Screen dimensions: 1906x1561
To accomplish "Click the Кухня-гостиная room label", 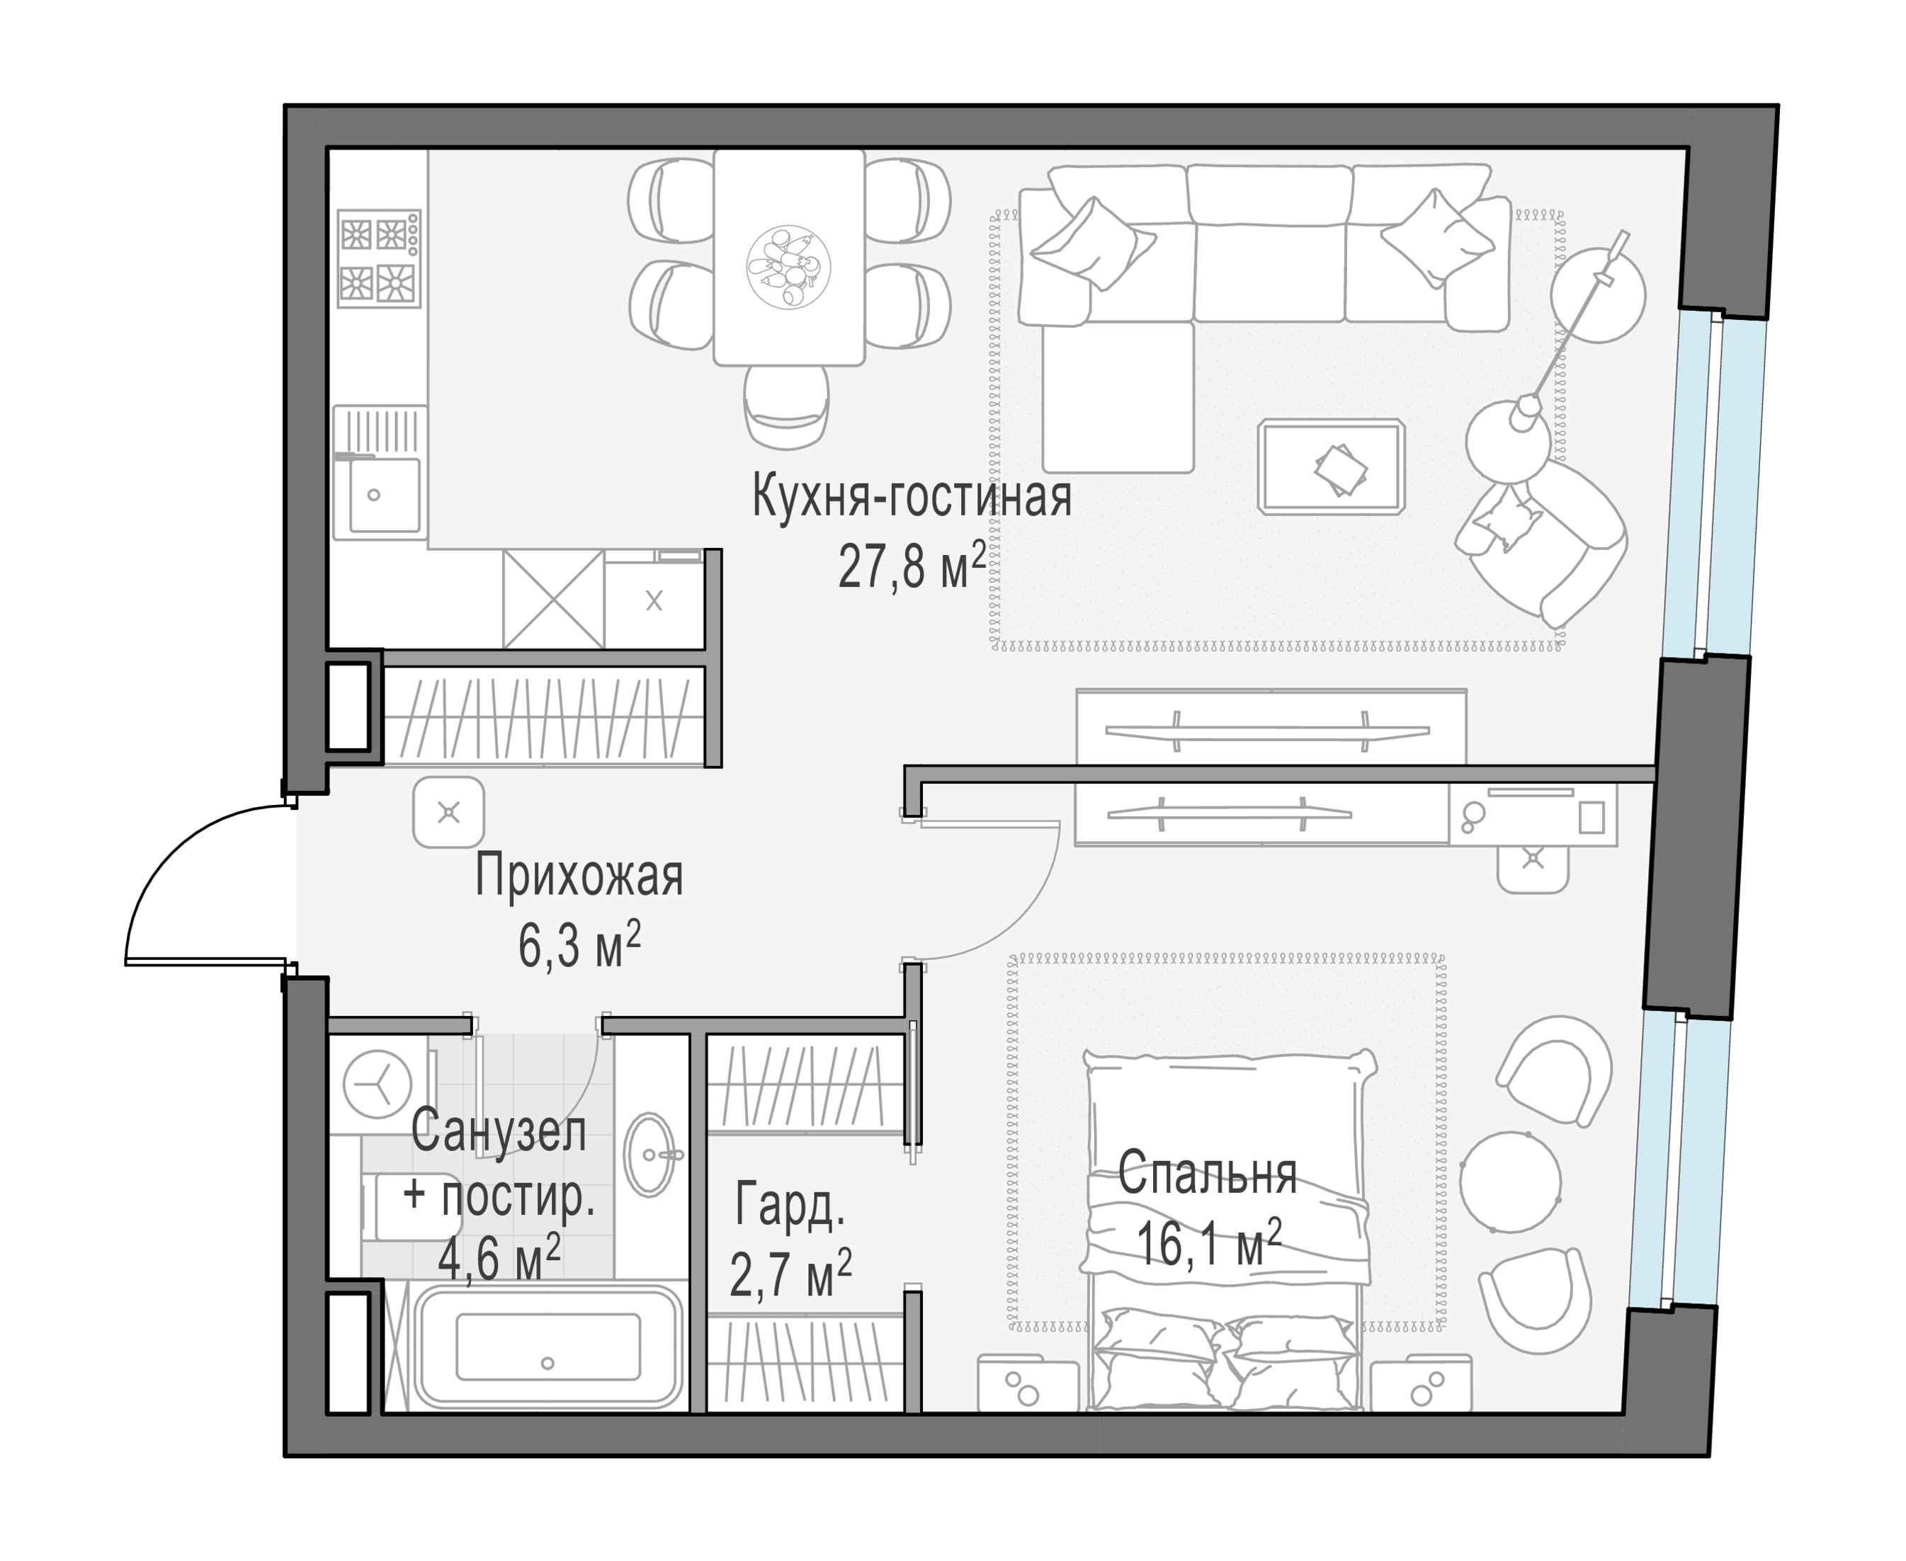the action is tap(911, 497).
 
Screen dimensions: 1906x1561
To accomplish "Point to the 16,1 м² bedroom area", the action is tap(1208, 1242).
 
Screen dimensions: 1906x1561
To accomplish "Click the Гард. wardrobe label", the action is tap(790, 1205).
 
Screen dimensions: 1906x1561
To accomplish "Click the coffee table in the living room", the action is tap(1332, 467).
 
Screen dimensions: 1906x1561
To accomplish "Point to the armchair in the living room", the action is tap(1540, 542).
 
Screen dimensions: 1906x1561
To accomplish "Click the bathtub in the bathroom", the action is tap(548, 1346).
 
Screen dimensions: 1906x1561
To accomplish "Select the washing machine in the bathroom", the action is tap(378, 1084).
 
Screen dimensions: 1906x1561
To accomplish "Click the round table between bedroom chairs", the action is tap(1510, 1182).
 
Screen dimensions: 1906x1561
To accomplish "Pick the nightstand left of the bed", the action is tap(1028, 1383).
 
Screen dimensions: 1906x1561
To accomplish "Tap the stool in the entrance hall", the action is tap(449, 813).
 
